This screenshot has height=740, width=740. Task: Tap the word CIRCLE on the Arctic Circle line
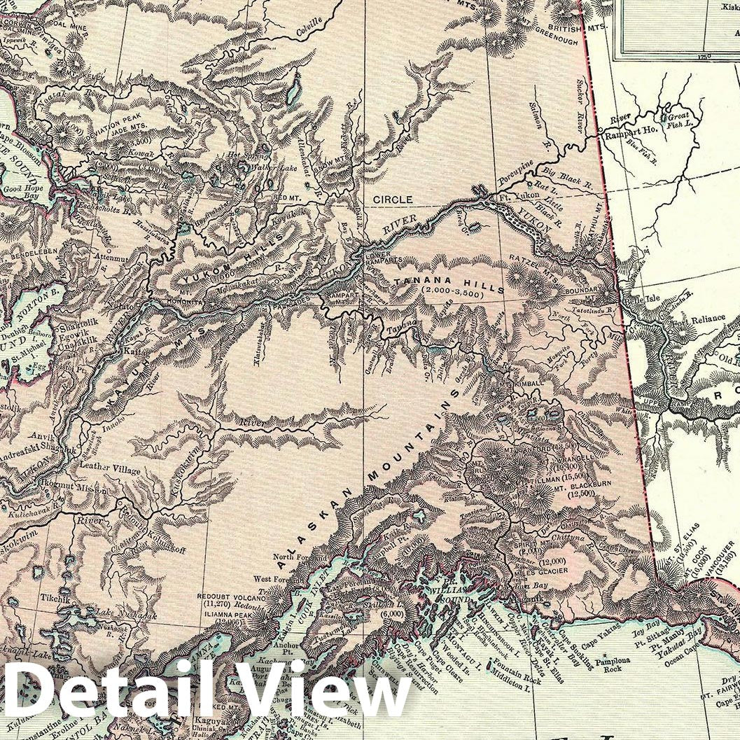(x=392, y=200)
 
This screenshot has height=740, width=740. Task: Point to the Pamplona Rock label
(x=608, y=664)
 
